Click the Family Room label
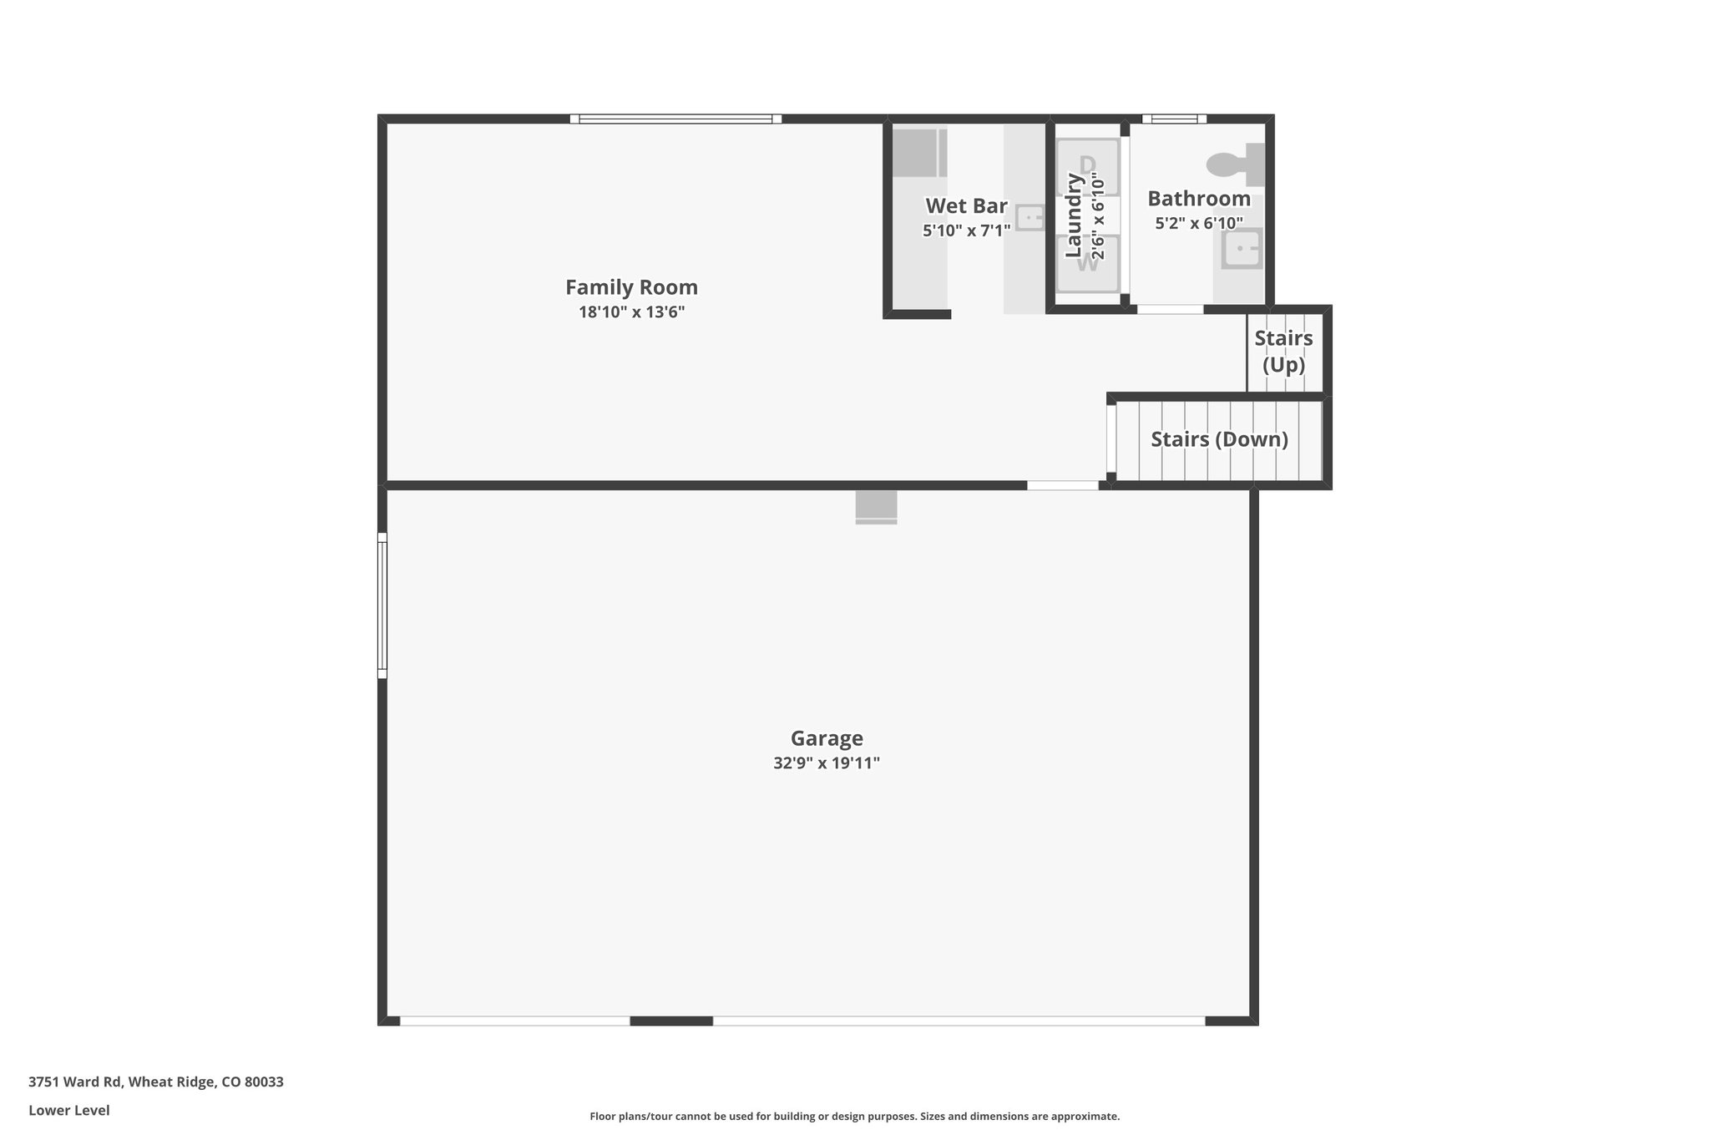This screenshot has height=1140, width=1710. click(x=631, y=287)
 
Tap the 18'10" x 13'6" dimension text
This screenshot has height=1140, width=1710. click(x=631, y=312)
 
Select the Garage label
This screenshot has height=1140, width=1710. click(x=827, y=738)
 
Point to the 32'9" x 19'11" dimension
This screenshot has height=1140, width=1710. click(x=827, y=763)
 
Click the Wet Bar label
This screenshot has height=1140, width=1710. click(x=966, y=205)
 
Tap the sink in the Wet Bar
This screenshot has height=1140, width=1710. click(x=1030, y=218)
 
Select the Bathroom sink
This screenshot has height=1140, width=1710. click(x=1242, y=248)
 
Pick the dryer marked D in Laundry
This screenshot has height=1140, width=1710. click(x=1087, y=167)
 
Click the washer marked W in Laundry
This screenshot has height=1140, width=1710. click(x=1087, y=263)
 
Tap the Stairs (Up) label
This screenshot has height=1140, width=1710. click(x=1283, y=352)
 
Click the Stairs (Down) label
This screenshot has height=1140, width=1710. click(x=1219, y=439)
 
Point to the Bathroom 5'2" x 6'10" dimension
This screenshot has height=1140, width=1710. click(x=1199, y=224)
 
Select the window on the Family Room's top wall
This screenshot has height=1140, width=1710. click(x=675, y=119)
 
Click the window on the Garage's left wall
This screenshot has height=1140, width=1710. click(x=382, y=605)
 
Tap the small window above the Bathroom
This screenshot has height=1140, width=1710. click(x=1174, y=119)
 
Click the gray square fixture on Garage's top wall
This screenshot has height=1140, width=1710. click(x=876, y=507)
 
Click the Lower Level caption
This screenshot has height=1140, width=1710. click(x=69, y=1111)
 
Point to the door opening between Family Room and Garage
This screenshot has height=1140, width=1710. click(x=1063, y=485)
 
